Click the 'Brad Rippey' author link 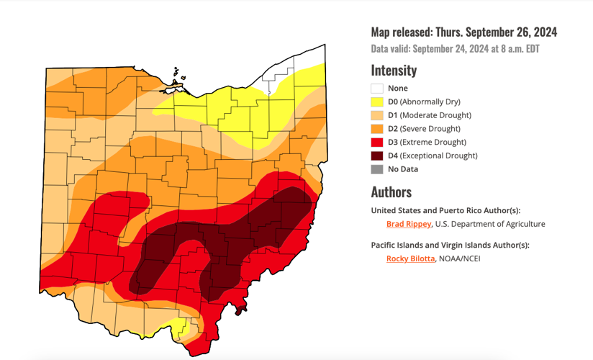point(408,224)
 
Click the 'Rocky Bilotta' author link point(410,258)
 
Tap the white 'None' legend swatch point(377,89)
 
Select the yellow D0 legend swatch point(377,102)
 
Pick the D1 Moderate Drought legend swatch point(377,115)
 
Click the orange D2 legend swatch point(377,129)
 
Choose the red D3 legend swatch point(377,143)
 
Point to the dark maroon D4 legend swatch point(377,156)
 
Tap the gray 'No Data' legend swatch point(377,169)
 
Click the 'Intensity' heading point(394,71)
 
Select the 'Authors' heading point(391,192)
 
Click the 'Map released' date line point(463,32)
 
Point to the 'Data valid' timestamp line point(455,49)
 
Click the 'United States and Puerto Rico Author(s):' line point(445,210)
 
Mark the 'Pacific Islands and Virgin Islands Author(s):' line point(450,245)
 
